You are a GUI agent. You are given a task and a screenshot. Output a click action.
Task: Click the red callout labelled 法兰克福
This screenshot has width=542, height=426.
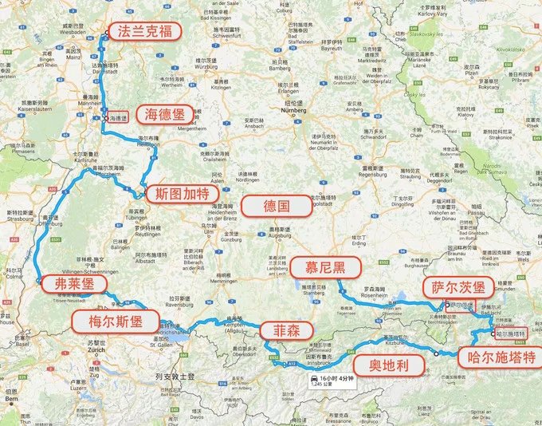pos(146,31)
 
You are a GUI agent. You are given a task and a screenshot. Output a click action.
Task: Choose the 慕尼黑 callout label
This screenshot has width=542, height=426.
pos(324,268)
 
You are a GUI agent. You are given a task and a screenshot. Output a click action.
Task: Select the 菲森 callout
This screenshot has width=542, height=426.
pos(282,330)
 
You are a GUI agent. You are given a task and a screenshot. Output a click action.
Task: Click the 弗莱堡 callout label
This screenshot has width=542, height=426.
pos(73,285)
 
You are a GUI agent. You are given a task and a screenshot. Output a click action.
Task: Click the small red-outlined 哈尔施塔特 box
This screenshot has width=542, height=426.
pos(510,333)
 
